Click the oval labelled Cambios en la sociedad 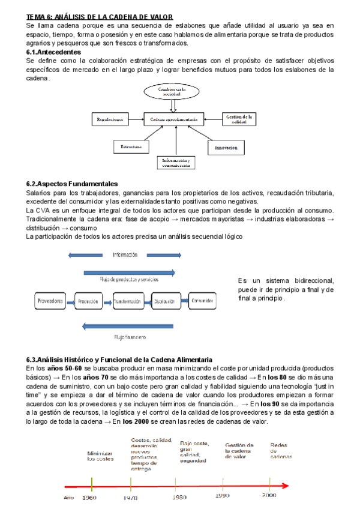(x=173, y=92)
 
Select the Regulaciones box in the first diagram (x=110, y=119)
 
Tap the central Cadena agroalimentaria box (x=173, y=119)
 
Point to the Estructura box (x=130, y=146)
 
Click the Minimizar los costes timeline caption (x=100, y=456)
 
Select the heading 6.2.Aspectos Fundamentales (x=72, y=184)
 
